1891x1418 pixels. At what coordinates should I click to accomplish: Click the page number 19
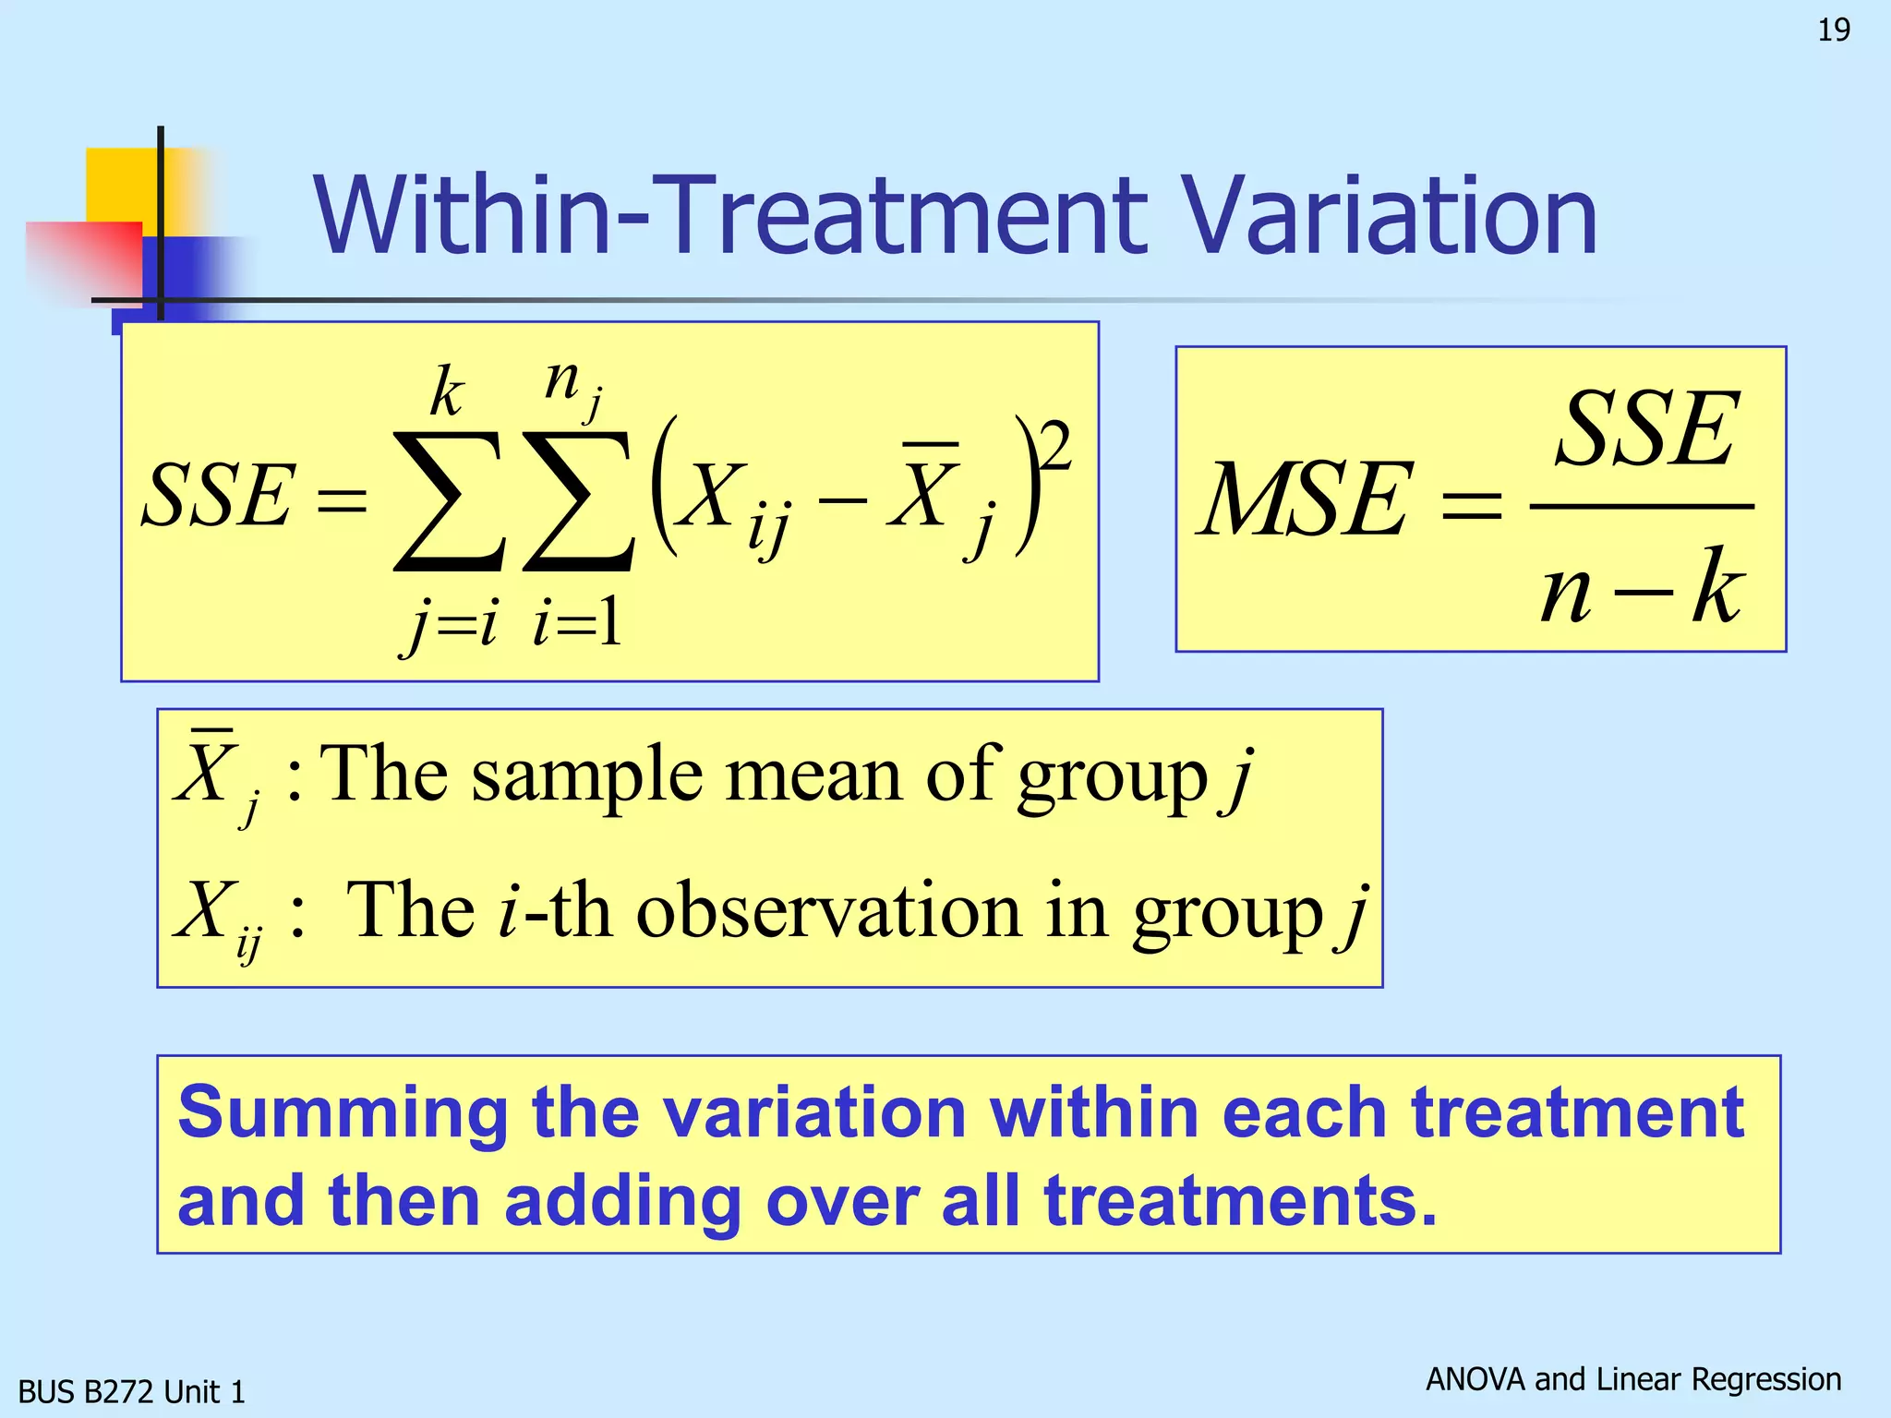tap(1833, 30)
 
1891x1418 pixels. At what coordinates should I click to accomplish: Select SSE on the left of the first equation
tap(218, 497)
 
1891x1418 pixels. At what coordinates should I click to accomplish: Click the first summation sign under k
tap(449, 503)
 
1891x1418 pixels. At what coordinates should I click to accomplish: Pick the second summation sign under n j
tap(578, 503)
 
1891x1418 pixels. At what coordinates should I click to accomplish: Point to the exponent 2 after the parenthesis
tap(1054, 445)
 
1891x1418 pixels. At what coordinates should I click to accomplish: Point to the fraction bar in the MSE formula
tap(1641, 507)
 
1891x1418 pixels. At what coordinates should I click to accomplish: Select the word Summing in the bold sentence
tap(343, 1113)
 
